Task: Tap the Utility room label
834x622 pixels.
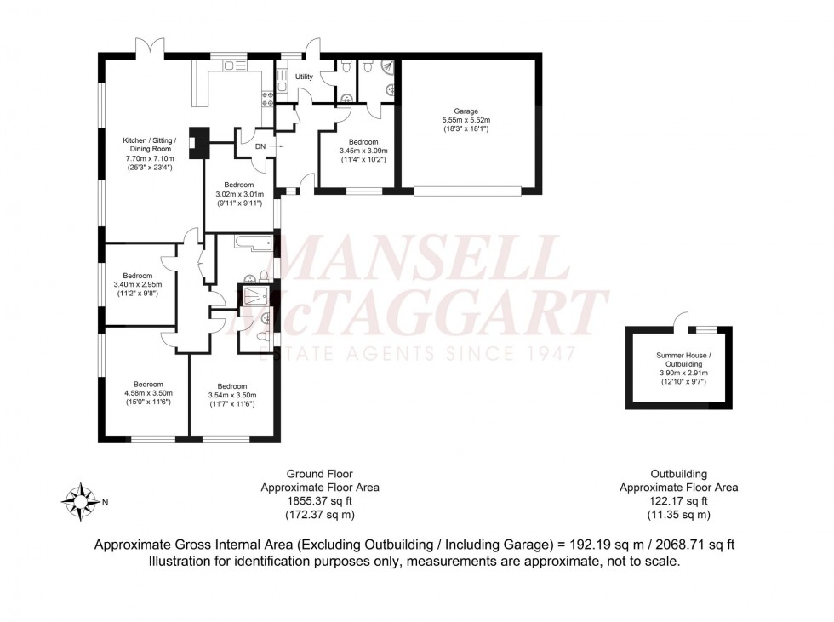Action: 304,77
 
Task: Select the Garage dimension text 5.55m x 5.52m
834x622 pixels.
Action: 466,121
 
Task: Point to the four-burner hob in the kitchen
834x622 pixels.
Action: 266,96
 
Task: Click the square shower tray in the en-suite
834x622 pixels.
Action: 254,295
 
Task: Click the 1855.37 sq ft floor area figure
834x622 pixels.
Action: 319,501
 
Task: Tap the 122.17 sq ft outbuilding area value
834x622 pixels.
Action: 677,501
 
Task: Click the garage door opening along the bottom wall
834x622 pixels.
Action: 467,191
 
